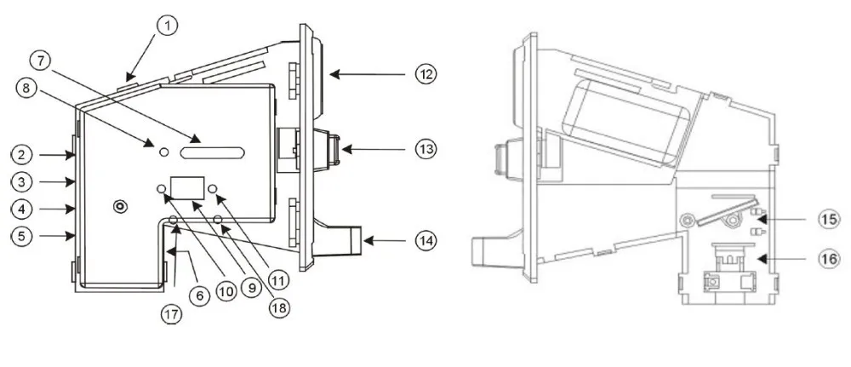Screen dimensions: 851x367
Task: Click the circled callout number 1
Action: point(168,26)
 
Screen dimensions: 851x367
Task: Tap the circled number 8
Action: point(27,88)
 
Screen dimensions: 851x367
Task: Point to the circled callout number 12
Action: point(426,73)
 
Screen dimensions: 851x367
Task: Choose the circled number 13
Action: point(425,148)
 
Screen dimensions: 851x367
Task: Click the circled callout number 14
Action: point(425,240)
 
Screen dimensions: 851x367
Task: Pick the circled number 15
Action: point(830,219)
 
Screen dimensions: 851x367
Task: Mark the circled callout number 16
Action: point(830,260)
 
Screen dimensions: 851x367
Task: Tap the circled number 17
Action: point(172,314)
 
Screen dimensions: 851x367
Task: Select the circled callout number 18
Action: point(280,308)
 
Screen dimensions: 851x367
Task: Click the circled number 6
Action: point(199,295)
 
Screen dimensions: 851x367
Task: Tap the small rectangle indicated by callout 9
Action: point(188,188)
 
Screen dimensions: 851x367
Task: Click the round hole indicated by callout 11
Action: point(212,188)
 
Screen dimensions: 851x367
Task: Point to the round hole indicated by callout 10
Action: point(161,188)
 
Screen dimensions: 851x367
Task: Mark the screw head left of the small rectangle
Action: point(120,206)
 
